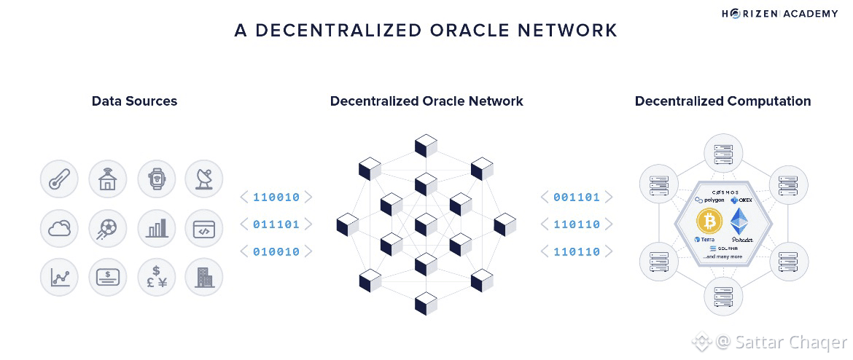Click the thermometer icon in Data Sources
click(58, 179)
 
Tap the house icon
click(107, 179)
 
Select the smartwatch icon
click(155, 179)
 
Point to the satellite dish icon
click(203, 179)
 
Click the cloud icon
click(58, 228)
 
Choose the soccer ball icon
click(107, 228)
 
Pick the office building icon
click(203, 277)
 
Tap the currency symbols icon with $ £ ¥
click(155, 277)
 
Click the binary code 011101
click(276, 224)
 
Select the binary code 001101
click(577, 197)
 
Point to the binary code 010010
click(276, 252)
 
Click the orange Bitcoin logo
click(709, 221)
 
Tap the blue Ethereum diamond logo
click(741, 221)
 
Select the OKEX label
click(741, 199)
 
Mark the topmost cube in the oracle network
click(426, 145)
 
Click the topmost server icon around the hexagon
click(722, 153)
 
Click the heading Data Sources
click(134, 101)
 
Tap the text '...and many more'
click(722, 257)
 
